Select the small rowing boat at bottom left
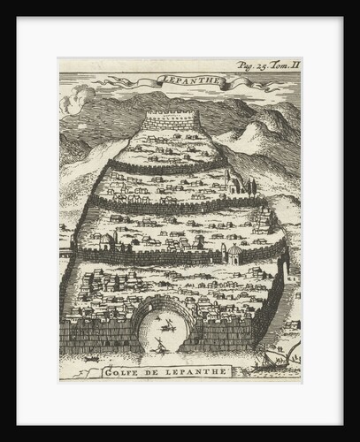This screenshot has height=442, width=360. point(91,361)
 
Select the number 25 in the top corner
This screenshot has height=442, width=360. point(257,65)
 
